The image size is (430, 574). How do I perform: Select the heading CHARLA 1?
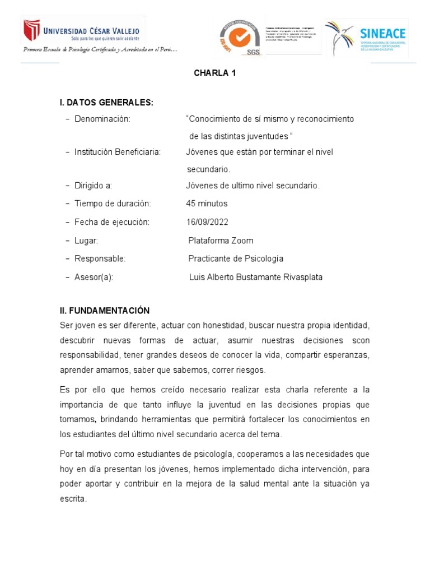tap(211, 73)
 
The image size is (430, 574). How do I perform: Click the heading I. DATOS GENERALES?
tap(106, 103)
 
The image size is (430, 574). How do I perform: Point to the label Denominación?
tap(102, 119)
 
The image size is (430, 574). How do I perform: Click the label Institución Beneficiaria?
tap(118, 152)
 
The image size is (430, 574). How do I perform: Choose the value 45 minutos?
tap(207, 203)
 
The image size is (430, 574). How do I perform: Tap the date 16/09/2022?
tap(207, 222)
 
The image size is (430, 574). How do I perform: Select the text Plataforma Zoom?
tap(221, 240)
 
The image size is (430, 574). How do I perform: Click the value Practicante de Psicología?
tap(236, 258)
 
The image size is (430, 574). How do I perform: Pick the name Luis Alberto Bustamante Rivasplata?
tap(256, 277)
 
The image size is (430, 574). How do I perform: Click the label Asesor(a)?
tap(94, 277)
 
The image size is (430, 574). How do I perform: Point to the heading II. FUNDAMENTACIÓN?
tap(105, 311)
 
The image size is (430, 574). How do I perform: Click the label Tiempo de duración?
tap(113, 203)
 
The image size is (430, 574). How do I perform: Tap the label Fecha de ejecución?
tap(112, 222)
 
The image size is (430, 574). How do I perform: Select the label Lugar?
tap(86, 240)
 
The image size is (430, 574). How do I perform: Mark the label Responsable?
tap(100, 258)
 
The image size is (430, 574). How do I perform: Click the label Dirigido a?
tap(94, 186)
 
